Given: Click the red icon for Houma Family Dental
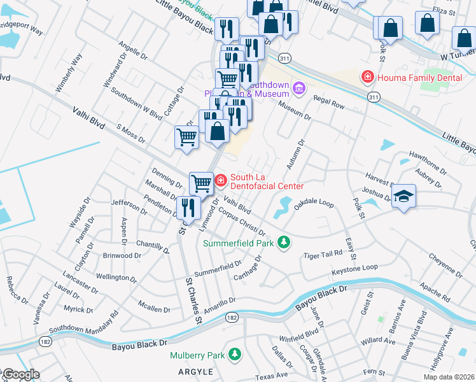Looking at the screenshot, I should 367,78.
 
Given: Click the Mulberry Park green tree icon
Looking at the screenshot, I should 235,353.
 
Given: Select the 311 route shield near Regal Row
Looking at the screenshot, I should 374,97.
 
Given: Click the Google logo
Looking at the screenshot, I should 20,374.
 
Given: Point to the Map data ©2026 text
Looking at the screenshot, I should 449,377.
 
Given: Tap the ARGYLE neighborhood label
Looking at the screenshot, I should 195,371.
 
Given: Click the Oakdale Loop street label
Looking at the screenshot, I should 314,203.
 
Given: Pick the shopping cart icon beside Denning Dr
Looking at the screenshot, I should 201,183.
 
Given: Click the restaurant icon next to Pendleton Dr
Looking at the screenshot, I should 188,206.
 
